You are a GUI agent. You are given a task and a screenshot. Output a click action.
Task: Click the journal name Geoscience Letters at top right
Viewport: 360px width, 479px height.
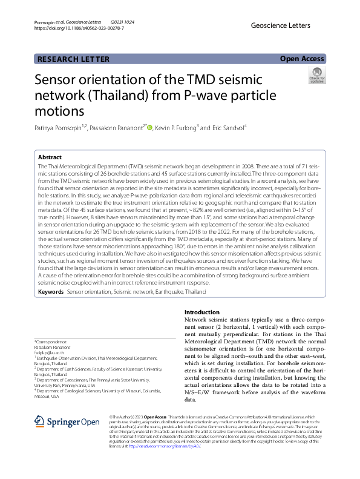(x=280, y=25)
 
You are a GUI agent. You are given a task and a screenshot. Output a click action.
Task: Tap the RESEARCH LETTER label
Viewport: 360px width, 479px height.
(x=73, y=59)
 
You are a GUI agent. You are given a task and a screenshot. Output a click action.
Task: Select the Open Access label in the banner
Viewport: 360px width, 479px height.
(x=302, y=59)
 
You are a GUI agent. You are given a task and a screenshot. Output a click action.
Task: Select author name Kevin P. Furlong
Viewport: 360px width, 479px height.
(x=176, y=128)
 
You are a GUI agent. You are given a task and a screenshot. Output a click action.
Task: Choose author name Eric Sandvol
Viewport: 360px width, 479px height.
(x=226, y=128)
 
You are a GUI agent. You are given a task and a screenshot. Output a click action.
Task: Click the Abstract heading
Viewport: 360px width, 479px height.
(x=50, y=156)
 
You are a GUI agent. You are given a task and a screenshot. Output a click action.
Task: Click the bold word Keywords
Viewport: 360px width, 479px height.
(x=51, y=292)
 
